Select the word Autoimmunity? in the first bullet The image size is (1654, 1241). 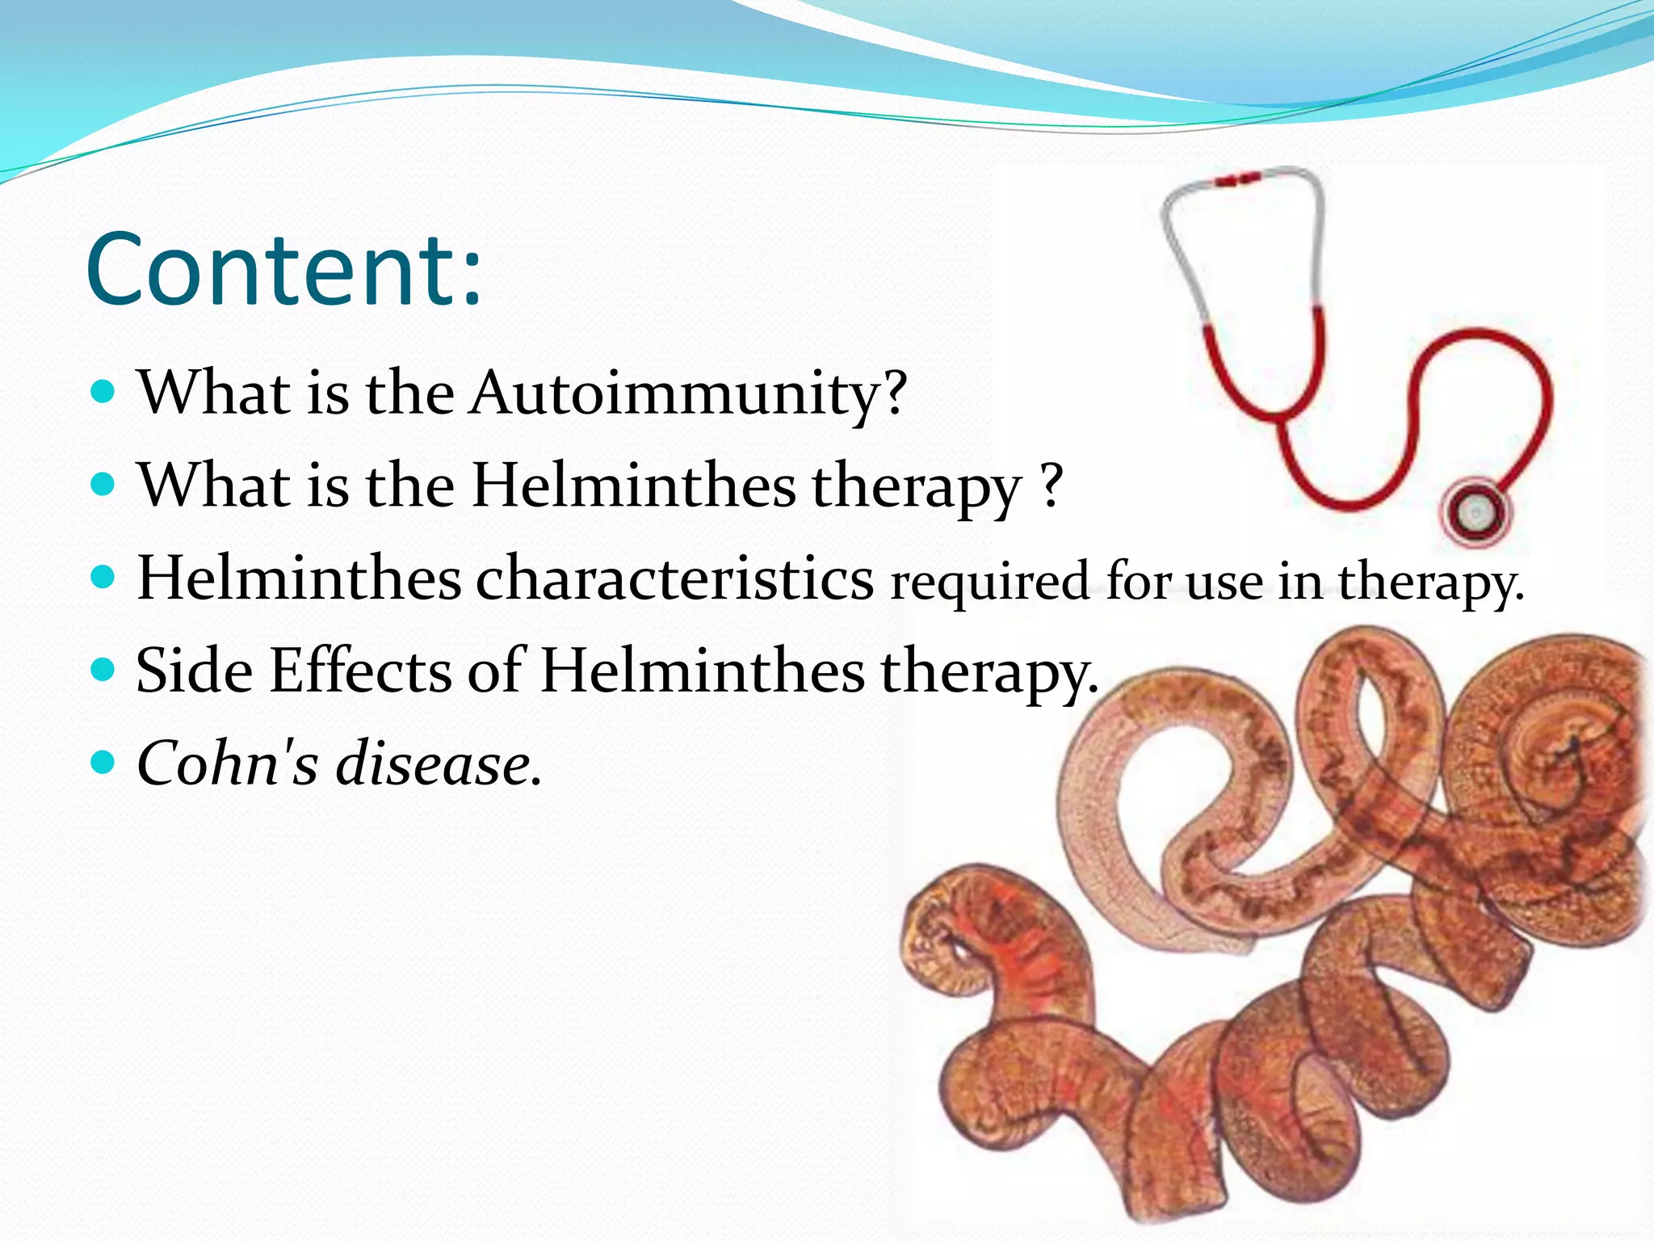pos(689,393)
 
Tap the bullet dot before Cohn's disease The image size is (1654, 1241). pos(103,761)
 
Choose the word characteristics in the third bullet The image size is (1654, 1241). pos(674,579)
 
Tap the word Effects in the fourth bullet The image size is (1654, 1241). pos(361,671)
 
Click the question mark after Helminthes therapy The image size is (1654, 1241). pos(1051,485)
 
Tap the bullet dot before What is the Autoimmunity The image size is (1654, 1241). pos(103,393)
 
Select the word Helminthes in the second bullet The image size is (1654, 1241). pos(634,486)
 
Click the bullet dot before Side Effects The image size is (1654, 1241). pos(103,670)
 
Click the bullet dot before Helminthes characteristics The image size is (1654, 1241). pos(103,578)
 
